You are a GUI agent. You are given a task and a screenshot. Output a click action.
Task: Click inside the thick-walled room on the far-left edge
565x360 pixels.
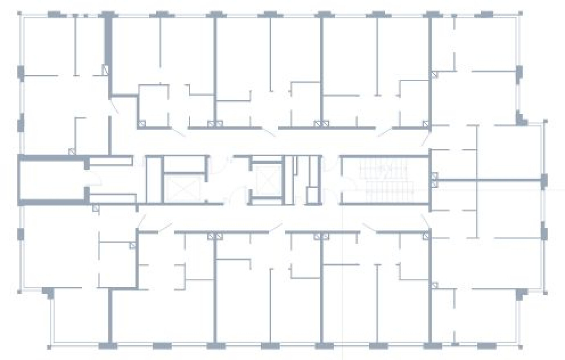tap(51, 180)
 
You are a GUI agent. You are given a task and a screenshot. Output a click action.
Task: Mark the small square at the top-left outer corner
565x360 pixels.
tap(19, 13)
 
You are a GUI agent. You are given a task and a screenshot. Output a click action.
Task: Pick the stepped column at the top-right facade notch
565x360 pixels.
tap(520, 118)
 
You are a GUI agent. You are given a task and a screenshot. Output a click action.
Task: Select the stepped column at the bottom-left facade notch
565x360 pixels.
tap(48, 292)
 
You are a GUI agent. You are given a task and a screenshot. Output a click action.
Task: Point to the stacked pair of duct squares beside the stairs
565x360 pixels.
tap(434, 180)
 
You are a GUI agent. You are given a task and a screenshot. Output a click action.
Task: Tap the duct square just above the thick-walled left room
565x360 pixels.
tap(72, 151)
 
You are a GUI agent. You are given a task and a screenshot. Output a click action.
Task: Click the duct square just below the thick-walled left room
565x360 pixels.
tap(95, 208)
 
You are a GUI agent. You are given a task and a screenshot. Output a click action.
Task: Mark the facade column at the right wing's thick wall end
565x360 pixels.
tap(544, 180)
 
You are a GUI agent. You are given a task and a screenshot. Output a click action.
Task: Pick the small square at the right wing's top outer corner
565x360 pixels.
tap(545, 122)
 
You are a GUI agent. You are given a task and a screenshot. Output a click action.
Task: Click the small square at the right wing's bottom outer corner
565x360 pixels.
tap(545, 293)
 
